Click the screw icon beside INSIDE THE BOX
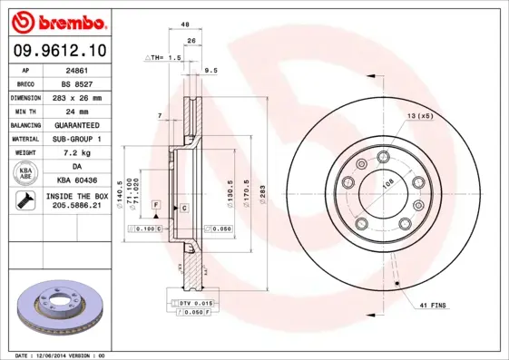pos(22,201)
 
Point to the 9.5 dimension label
pos(211,70)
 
